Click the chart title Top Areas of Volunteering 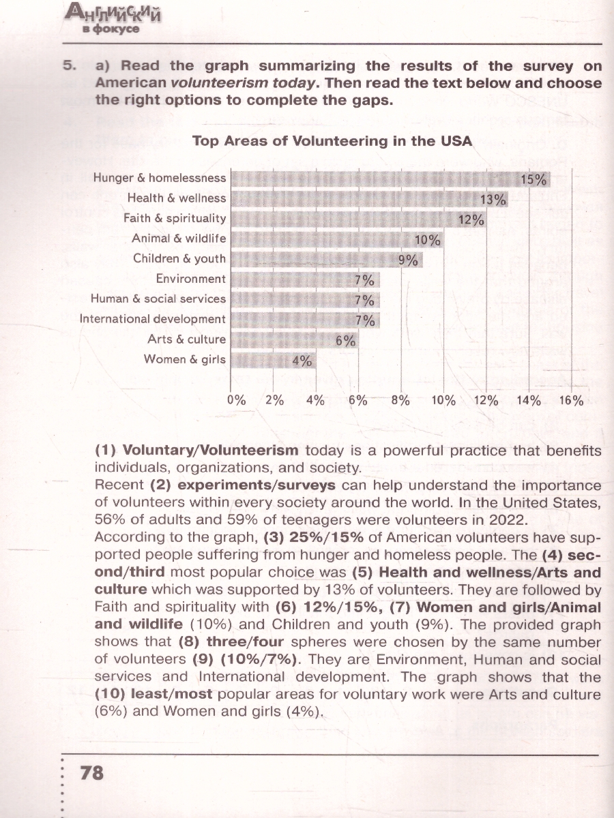click(332, 141)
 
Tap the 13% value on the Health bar click(493, 200)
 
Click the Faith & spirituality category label click(175, 219)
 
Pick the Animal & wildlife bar click(327, 239)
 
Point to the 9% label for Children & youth click(407, 260)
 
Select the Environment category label click(190, 279)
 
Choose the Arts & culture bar click(287, 339)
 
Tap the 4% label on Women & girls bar click(302, 361)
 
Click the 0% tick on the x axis click(237, 401)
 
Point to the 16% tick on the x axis click(571, 401)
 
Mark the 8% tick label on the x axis click(399, 401)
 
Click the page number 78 click(92, 772)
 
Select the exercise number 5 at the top click(68, 66)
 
